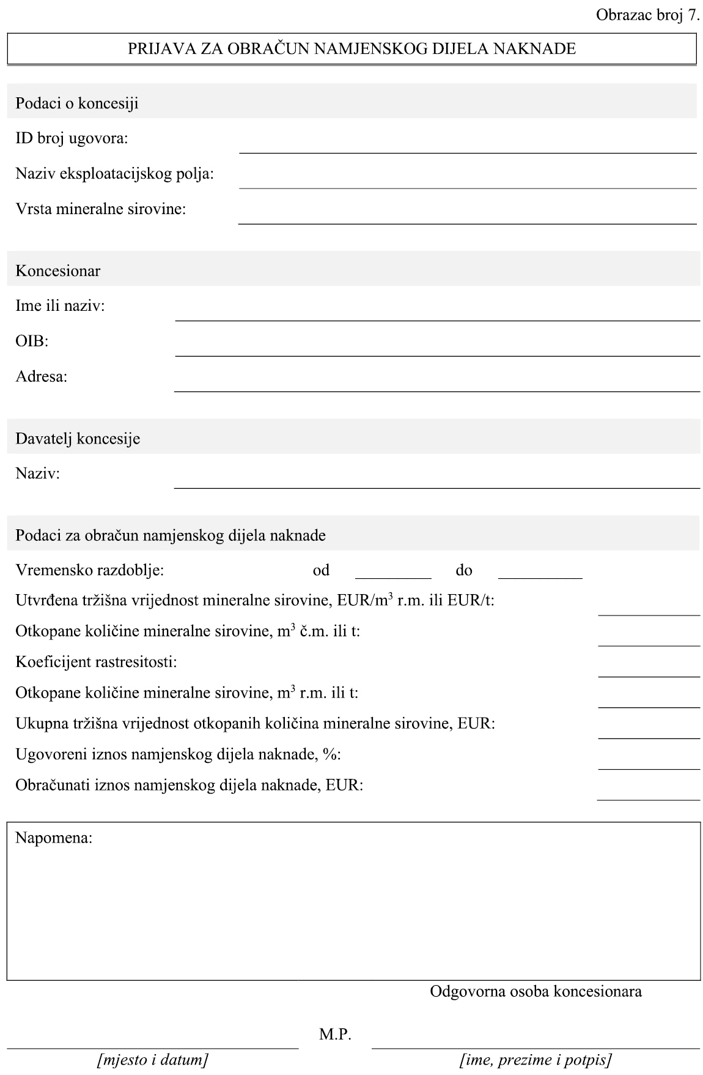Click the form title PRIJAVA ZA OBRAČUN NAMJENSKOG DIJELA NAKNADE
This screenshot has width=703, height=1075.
(x=351, y=49)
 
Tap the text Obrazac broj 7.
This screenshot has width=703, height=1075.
(x=647, y=16)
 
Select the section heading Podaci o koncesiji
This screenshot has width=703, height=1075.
(x=77, y=103)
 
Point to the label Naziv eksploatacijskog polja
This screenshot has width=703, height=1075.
(x=115, y=174)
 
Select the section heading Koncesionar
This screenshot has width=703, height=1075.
(x=58, y=271)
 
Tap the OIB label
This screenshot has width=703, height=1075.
(x=32, y=341)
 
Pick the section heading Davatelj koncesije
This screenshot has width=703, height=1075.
(x=78, y=439)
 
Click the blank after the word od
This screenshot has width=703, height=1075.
(x=393, y=571)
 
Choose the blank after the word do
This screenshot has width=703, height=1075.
(x=540, y=571)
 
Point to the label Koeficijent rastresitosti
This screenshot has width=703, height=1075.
(x=96, y=662)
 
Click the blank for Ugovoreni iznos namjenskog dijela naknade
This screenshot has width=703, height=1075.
(x=649, y=762)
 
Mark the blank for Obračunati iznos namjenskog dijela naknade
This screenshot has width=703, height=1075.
(x=649, y=793)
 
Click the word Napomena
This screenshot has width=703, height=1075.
(x=54, y=838)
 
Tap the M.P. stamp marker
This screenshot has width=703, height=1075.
(x=335, y=1035)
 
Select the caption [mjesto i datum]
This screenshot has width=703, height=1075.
(x=152, y=1060)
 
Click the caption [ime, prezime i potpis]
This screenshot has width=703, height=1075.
(x=536, y=1060)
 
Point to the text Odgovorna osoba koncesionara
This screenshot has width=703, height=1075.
(x=536, y=991)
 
